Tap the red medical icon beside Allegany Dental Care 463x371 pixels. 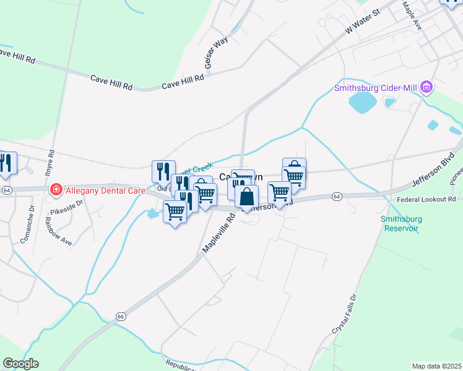coord(56,189)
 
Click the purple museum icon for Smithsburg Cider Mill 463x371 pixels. coord(426,88)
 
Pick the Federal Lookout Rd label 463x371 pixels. coord(426,199)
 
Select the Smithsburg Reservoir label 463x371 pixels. coord(399,223)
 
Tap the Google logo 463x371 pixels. coord(20,364)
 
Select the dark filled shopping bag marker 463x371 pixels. coord(246,197)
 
